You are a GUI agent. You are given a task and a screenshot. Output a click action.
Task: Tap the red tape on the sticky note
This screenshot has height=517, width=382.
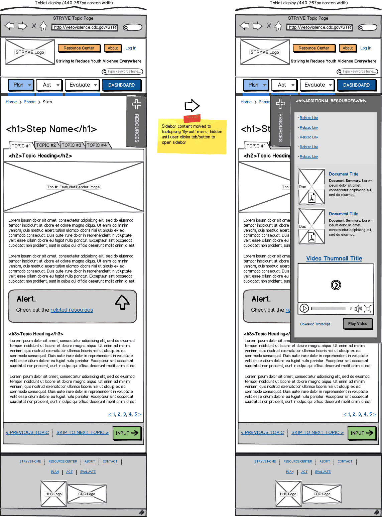click(192, 118)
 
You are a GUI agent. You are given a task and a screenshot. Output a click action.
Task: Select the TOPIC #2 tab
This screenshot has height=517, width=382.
click(46, 145)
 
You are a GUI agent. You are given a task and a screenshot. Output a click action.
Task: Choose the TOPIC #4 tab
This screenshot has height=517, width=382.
click(97, 145)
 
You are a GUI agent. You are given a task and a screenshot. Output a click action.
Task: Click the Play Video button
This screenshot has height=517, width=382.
click(358, 324)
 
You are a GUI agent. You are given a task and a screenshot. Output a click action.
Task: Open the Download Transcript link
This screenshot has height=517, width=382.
click(315, 324)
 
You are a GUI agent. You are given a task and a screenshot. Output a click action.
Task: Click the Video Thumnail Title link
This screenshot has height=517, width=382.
click(334, 258)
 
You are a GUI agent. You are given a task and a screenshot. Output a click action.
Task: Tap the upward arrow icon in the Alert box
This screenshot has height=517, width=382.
click(122, 302)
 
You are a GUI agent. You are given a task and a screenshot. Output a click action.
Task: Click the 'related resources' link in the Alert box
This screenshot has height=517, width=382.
click(72, 310)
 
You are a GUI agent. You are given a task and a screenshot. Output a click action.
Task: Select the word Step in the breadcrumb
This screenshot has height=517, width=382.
click(47, 102)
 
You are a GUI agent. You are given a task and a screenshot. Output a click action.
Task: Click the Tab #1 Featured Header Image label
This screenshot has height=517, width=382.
click(74, 187)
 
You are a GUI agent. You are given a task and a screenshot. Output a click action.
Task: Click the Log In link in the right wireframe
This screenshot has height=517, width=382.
click(366, 48)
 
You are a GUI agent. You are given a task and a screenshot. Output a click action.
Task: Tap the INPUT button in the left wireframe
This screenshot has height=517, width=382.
click(127, 433)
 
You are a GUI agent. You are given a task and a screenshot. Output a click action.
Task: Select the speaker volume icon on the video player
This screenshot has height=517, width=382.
click(358, 308)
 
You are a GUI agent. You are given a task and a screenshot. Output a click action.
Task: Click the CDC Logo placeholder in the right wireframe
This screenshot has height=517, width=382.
click(322, 494)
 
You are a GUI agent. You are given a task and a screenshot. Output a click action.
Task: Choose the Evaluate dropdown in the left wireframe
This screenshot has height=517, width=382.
click(82, 85)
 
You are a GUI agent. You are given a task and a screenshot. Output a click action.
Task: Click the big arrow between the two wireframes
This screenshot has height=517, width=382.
click(192, 106)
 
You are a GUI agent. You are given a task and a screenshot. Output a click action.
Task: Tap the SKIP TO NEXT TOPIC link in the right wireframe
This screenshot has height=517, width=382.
click(317, 432)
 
